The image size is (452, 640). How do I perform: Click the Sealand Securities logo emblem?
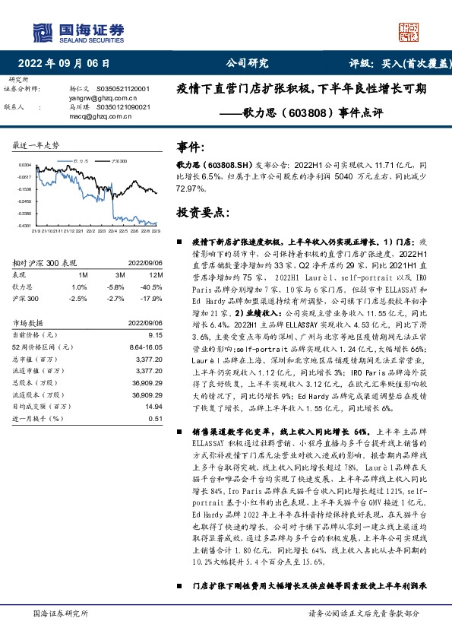point(40,33)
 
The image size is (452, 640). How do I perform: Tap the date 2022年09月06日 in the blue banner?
point(68,64)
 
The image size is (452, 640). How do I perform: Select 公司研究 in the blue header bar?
point(248,64)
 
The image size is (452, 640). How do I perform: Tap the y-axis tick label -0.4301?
point(25,226)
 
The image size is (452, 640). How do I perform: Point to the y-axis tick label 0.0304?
point(25,164)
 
